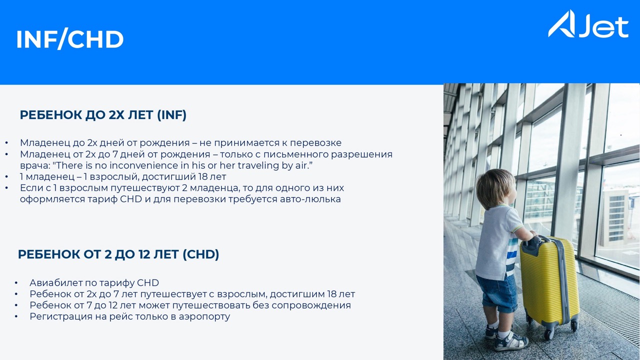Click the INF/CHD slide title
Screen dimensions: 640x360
pos(70,39)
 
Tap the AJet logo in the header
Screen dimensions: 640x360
pos(588,24)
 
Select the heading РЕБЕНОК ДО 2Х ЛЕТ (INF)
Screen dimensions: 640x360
pos(103,115)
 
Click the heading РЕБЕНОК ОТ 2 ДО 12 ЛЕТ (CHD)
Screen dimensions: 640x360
pos(118,254)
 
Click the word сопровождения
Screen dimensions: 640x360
pos(311,305)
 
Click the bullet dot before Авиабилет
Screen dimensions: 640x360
pos(16,283)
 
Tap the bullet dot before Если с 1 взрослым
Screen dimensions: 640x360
pos(6,188)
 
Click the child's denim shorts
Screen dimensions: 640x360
pos(497,293)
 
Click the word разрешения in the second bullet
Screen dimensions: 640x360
pos(361,154)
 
